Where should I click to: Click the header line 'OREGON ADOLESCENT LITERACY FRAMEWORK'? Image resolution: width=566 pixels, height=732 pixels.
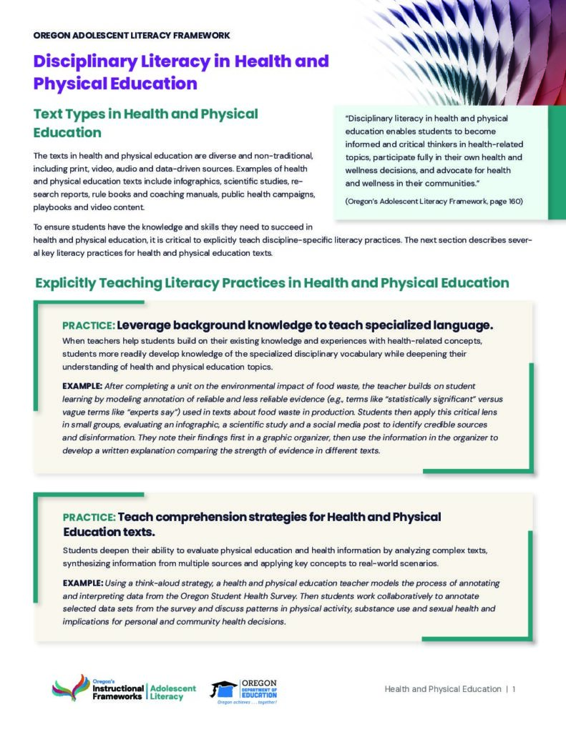[131, 35]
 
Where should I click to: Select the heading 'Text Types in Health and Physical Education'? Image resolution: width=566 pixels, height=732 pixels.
[146, 122]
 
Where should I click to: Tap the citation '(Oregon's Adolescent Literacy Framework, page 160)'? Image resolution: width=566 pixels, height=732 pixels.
[434, 202]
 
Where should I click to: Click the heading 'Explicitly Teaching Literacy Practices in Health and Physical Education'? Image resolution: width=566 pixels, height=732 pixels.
[272, 283]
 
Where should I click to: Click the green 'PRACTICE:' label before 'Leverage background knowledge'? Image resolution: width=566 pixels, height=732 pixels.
[88, 326]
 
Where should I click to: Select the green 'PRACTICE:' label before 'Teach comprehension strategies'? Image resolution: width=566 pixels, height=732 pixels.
[88, 518]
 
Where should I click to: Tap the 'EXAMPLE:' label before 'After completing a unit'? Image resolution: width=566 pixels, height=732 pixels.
[82, 386]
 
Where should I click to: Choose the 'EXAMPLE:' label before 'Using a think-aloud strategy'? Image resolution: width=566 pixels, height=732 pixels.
[82, 584]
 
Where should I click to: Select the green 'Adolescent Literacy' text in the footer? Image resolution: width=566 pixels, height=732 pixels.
[172, 692]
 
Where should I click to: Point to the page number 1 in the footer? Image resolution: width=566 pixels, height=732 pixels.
[514, 689]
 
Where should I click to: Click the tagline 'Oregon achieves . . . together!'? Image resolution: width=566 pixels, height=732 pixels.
[246, 702]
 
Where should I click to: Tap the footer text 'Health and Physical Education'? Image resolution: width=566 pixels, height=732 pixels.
[443, 689]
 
